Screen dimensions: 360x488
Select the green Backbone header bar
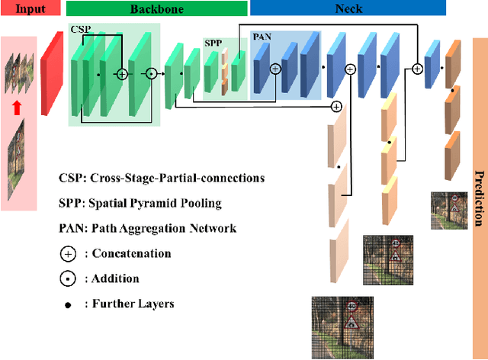click(156, 8)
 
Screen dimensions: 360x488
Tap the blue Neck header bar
click(348, 8)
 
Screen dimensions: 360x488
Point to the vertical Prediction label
click(479, 197)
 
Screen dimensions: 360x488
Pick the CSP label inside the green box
click(80, 29)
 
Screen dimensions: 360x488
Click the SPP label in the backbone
click(213, 43)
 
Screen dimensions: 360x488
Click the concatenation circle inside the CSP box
click(122, 74)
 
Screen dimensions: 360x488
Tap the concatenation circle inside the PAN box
click(275, 68)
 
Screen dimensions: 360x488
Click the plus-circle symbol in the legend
click(69, 253)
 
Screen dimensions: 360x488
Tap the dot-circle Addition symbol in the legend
click(69, 278)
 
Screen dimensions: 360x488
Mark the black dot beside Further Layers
click(69, 304)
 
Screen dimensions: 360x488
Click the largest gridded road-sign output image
click(337, 326)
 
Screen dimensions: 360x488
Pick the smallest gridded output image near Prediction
click(443, 205)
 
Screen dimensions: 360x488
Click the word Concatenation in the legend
click(132, 253)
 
